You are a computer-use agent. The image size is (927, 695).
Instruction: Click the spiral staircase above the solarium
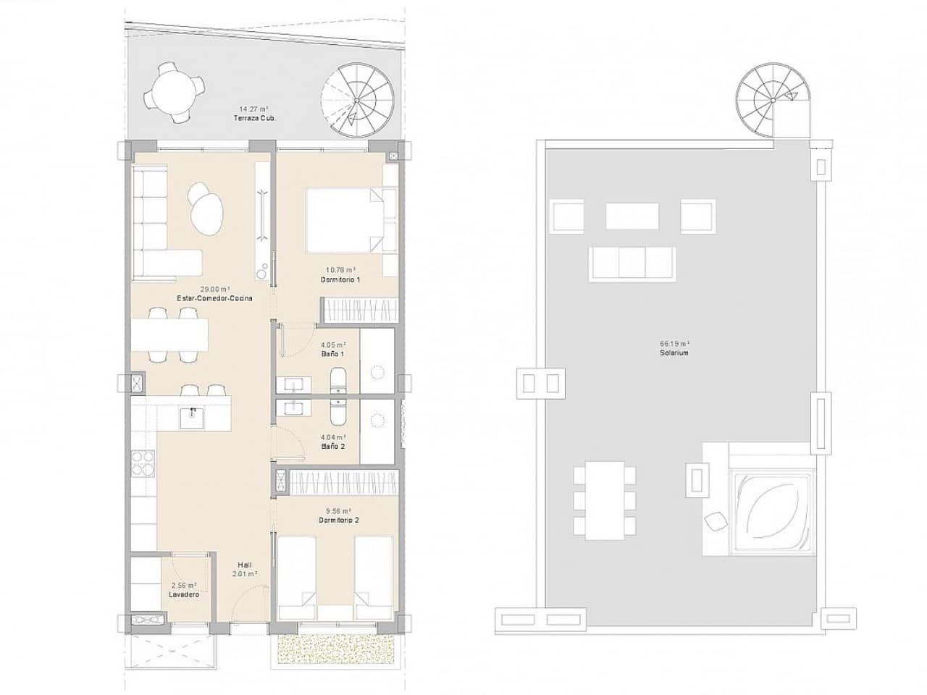click(770, 99)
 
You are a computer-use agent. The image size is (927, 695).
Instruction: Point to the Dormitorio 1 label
click(340, 279)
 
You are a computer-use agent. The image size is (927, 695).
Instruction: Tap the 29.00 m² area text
click(215, 288)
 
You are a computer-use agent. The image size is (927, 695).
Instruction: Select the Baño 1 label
click(332, 354)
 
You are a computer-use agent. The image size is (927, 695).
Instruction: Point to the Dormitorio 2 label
click(340, 520)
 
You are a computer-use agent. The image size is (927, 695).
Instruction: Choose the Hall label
click(245, 565)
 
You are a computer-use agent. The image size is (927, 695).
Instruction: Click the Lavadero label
click(184, 594)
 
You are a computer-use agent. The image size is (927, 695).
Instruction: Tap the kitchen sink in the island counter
click(192, 418)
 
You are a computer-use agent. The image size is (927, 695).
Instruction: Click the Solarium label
click(674, 353)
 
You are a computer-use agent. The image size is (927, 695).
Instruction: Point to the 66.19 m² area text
click(674, 344)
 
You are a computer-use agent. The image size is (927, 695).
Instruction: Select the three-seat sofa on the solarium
click(632, 263)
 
